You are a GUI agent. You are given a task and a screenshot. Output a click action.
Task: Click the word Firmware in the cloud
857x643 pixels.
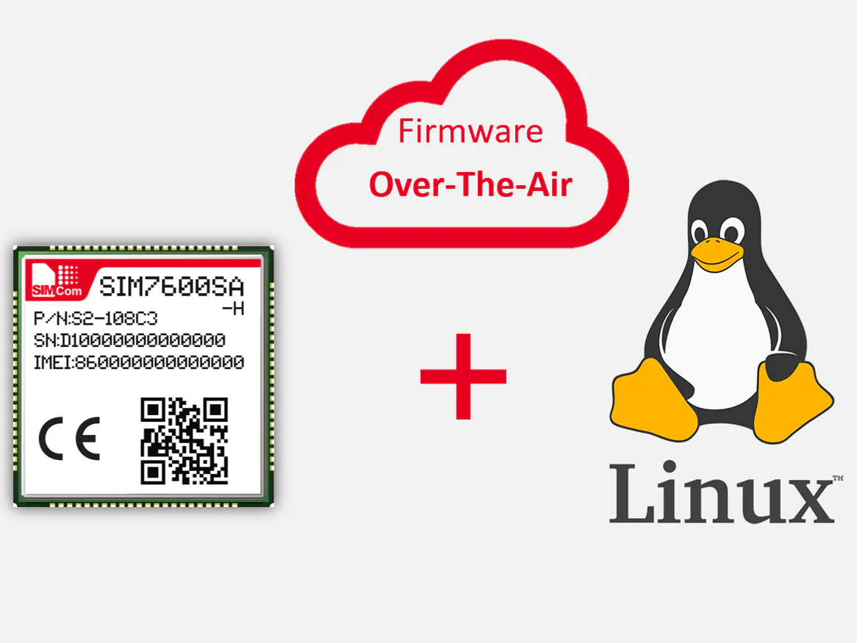(470, 131)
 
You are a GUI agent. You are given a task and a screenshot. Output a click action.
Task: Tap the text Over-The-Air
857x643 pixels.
(470, 184)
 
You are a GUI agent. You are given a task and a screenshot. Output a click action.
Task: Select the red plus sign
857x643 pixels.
(463, 376)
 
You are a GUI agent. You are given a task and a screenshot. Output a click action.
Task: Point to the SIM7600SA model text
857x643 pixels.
(171, 286)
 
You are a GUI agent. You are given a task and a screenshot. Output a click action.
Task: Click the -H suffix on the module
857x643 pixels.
(233, 309)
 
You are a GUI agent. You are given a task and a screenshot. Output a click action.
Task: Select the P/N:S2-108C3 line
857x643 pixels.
(96, 319)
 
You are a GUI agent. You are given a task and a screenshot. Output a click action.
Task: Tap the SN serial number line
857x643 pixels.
(129, 341)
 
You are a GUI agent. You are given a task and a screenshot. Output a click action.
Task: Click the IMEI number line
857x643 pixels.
(139, 362)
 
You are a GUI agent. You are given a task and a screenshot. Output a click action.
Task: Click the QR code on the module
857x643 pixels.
(184, 441)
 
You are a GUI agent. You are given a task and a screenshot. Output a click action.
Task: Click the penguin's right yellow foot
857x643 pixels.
(794, 400)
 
